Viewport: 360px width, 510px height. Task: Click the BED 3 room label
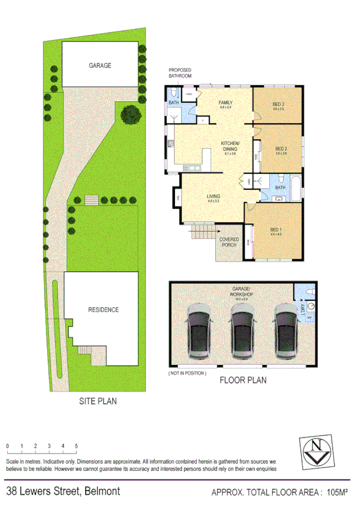[278, 103]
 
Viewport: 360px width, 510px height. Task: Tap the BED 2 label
[281, 149]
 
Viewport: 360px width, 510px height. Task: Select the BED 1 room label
[276, 230]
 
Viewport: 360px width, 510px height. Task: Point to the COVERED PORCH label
[229, 242]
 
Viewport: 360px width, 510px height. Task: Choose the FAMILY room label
[225, 103]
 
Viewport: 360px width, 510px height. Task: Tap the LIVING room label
[213, 195]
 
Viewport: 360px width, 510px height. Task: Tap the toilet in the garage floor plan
[308, 291]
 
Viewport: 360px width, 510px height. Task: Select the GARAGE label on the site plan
[100, 66]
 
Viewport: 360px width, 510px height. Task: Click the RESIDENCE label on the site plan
[103, 310]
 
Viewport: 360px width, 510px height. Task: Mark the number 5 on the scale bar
[76, 446]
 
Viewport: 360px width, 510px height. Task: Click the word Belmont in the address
[102, 491]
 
